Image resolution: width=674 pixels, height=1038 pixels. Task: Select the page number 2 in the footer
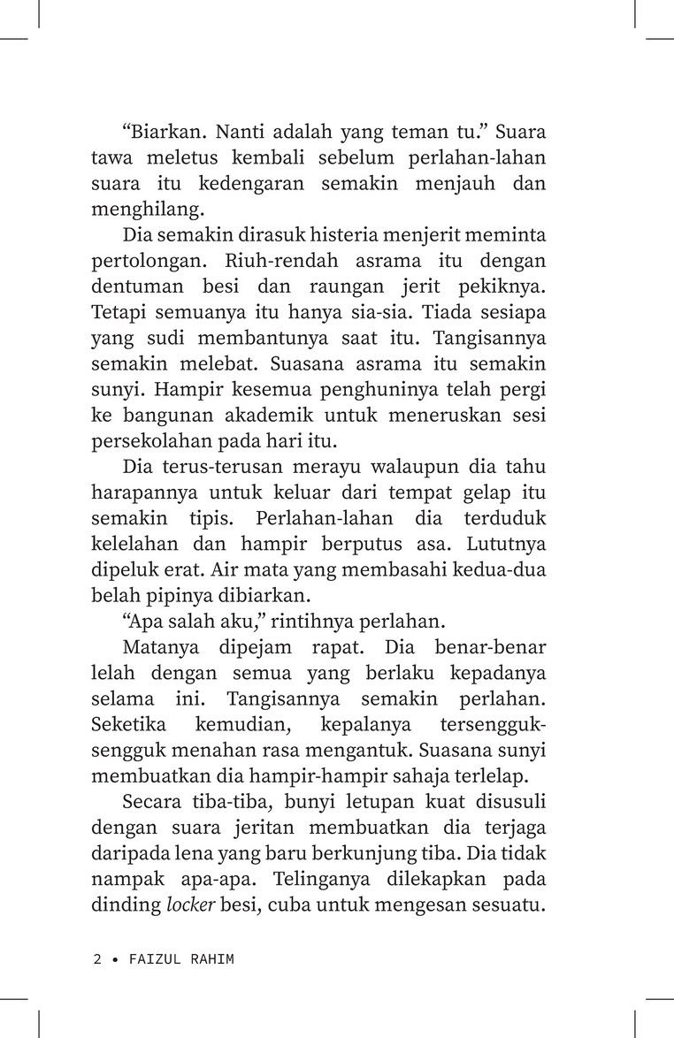tap(96, 958)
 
